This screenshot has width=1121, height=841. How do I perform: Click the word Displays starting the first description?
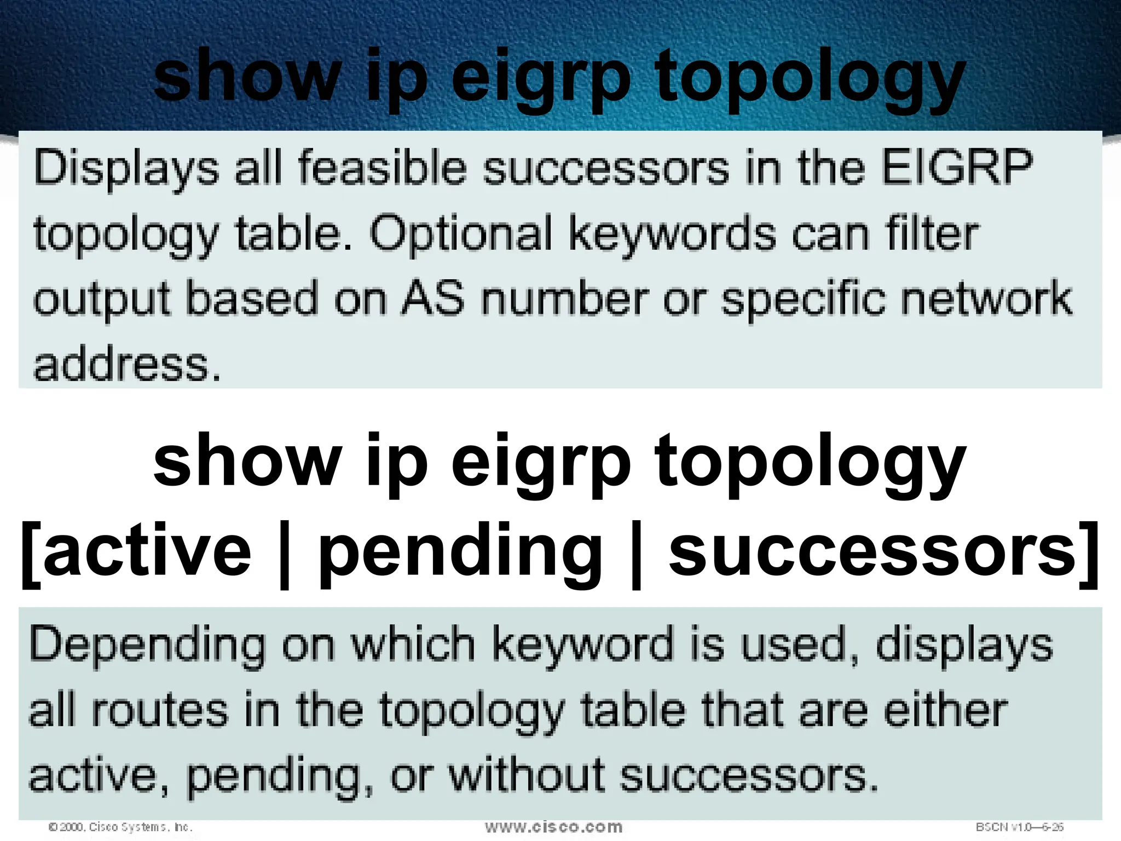point(126,169)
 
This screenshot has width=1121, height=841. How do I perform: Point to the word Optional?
point(460,234)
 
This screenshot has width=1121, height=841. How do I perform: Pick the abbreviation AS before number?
point(433,299)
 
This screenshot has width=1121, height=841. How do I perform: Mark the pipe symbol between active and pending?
point(284,553)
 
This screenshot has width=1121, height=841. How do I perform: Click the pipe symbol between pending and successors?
point(635,553)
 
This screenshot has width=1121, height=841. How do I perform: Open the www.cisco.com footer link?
point(553,827)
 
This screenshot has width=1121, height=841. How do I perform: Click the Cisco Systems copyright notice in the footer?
point(120,827)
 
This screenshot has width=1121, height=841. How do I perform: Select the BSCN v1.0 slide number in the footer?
point(1019,827)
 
